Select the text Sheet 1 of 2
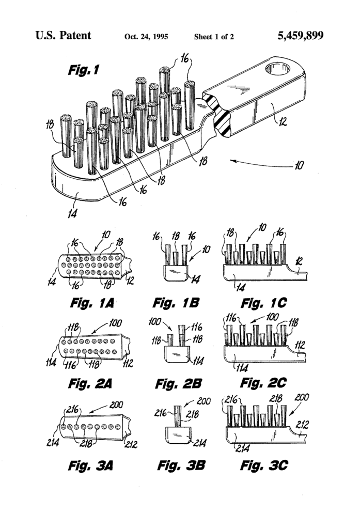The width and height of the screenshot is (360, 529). [x=214, y=37]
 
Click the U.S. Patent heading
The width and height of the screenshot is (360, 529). [x=64, y=36]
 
